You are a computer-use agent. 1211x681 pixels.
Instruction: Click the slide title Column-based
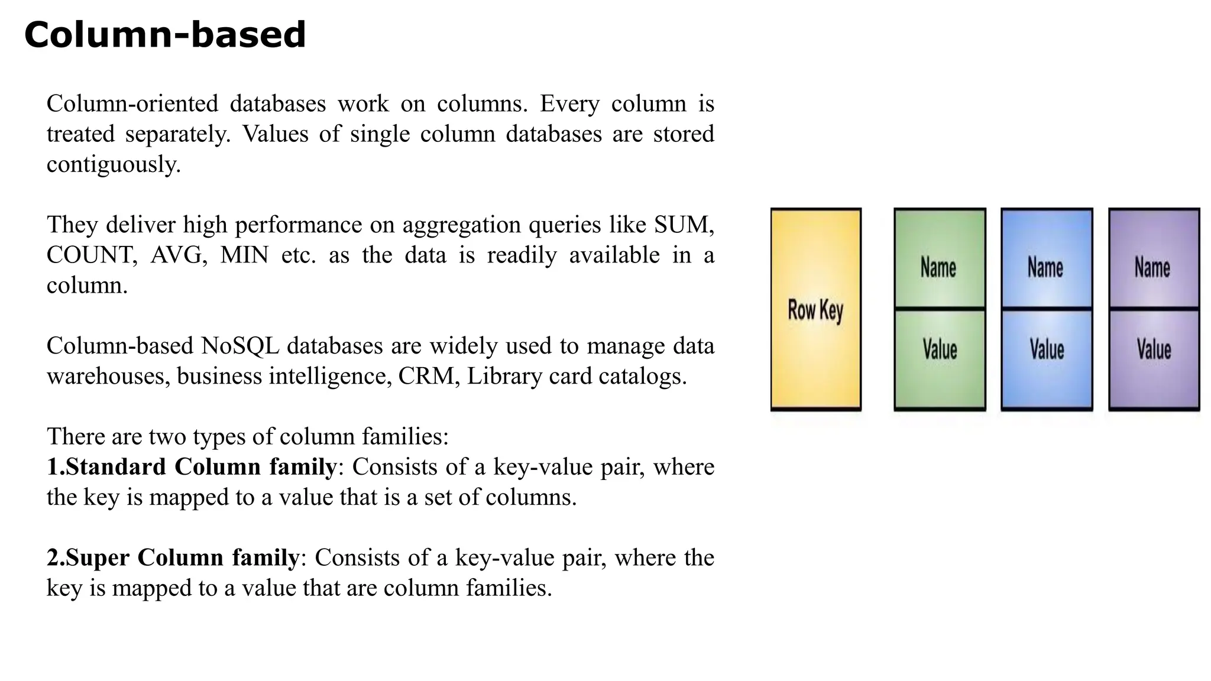(x=165, y=35)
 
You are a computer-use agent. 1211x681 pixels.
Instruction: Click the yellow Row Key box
(x=815, y=309)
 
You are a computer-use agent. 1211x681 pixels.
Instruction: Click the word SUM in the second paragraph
(x=682, y=225)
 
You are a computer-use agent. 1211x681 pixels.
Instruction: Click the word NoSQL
(x=240, y=346)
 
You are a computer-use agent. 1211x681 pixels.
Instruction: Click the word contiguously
(x=114, y=164)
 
